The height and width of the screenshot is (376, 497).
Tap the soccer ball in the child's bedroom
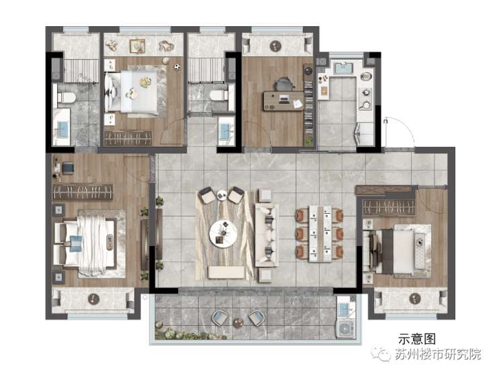[x=177, y=67]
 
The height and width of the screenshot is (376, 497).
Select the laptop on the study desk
[x=284, y=100]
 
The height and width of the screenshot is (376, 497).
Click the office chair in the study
[x=283, y=84]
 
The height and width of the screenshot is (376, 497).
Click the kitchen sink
[x=343, y=68]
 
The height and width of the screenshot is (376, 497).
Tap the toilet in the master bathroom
[x=66, y=97]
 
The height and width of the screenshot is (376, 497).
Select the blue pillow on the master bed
[x=76, y=243]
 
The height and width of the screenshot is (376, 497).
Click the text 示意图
[x=417, y=338]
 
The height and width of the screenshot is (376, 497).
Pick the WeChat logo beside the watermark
[x=381, y=353]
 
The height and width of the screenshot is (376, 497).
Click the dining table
[x=320, y=233]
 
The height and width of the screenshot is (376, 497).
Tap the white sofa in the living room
[x=267, y=235]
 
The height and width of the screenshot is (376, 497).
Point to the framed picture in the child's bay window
[x=137, y=46]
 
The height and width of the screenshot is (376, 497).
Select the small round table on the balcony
[x=238, y=322]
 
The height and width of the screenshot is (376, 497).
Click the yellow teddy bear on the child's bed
[x=145, y=82]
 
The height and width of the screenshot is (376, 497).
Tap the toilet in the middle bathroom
[x=219, y=95]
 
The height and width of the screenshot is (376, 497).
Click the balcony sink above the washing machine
[x=345, y=309]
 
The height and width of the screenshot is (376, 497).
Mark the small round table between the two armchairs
[x=222, y=195]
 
